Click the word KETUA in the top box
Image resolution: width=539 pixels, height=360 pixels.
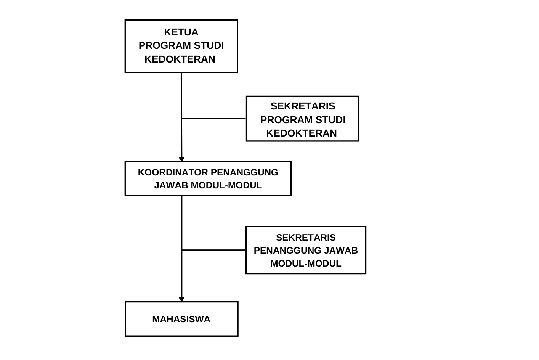pyautogui.click(x=181, y=32)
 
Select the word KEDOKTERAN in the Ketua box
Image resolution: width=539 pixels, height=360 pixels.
pyautogui.click(x=180, y=59)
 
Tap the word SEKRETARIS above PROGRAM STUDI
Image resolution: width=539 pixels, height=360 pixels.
pyautogui.click(x=303, y=106)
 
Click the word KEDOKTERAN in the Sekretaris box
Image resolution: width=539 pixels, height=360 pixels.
pyautogui.click(x=302, y=133)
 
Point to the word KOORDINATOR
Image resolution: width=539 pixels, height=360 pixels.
pyautogui.click(x=173, y=172)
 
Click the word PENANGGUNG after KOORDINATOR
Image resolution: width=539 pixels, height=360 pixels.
pyautogui.click(x=244, y=172)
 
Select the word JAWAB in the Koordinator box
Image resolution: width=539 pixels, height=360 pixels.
pyautogui.click(x=171, y=185)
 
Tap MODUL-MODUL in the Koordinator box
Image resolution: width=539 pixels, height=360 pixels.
pyautogui.click(x=226, y=185)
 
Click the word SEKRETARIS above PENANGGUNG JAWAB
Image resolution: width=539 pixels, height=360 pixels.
pyautogui.click(x=306, y=238)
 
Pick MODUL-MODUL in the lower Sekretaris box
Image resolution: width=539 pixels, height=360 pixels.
pyautogui.click(x=306, y=264)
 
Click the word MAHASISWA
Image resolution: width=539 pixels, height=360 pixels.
pyautogui.click(x=181, y=319)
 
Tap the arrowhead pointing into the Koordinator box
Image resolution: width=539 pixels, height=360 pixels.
pyautogui.click(x=182, y=159)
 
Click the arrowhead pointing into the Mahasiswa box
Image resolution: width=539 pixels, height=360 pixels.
pyautogui.click(x=182, y=299)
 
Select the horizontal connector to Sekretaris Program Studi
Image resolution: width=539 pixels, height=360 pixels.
pyautogui.click(x=214, y=119)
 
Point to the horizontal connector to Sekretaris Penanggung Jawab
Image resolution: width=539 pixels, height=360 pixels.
pyautogui.click(x=214, y=250)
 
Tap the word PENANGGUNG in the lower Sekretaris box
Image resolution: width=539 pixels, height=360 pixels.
pyautogui.click(x=287, y=251)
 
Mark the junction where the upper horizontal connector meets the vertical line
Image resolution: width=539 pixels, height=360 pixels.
pyautogui.click(x=182, y=119)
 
